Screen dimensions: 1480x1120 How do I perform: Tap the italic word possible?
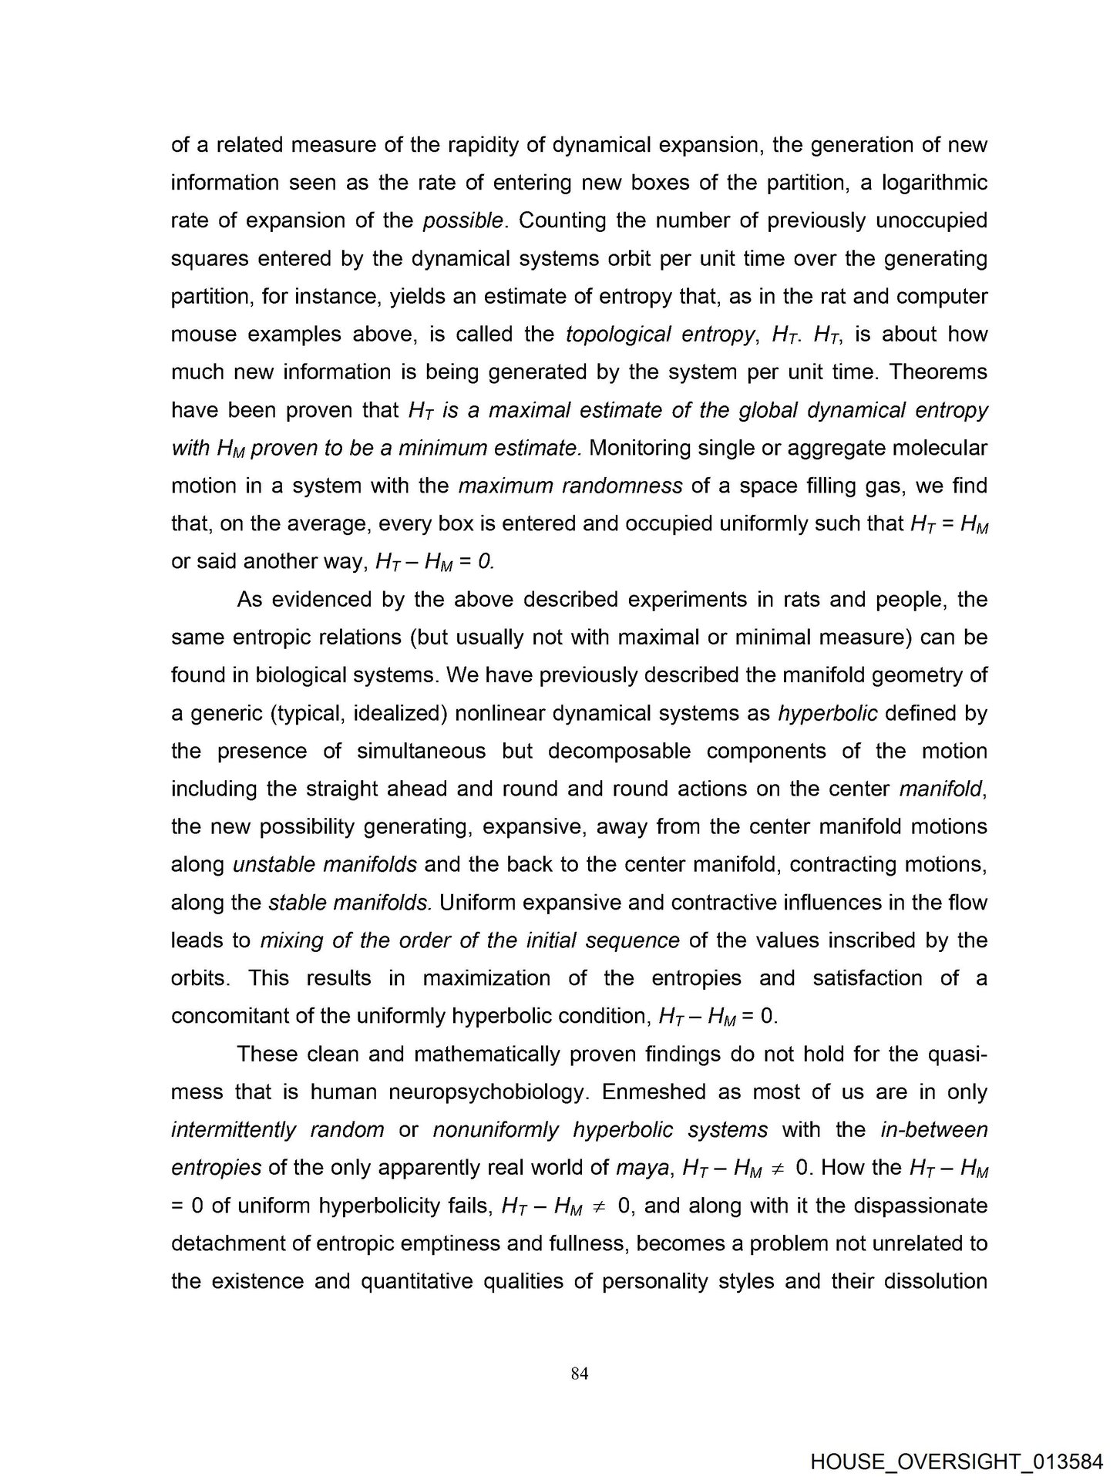(x=464, y=220)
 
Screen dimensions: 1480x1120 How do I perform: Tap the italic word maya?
(x=642, y=1168)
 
